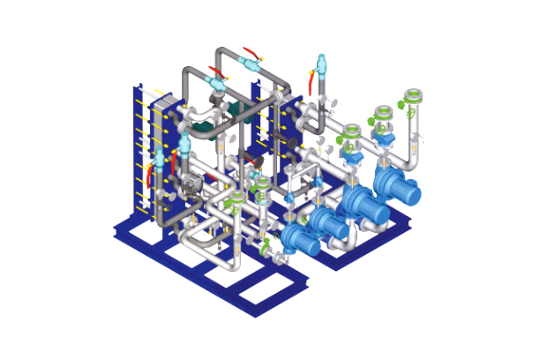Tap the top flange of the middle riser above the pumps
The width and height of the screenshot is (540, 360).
383,113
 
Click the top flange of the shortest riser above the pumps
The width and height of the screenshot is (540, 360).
351,131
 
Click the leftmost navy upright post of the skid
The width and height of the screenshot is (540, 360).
138,150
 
